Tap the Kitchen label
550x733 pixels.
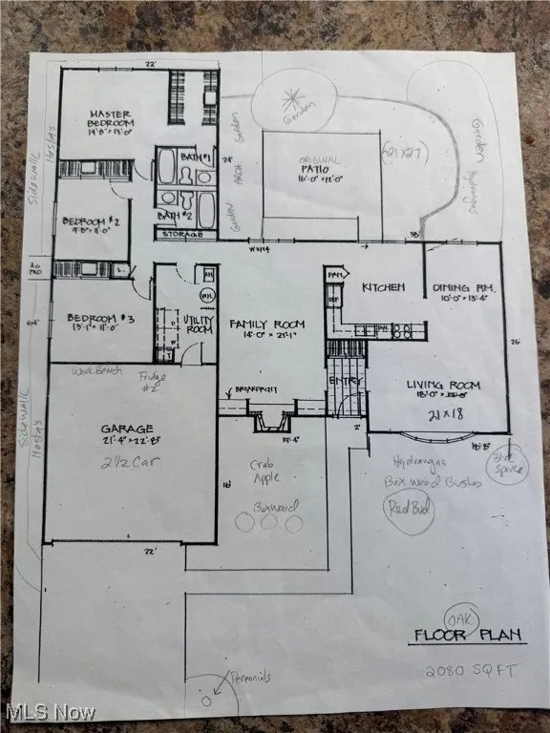pos(383,286)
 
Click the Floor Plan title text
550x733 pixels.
pos(456,635)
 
